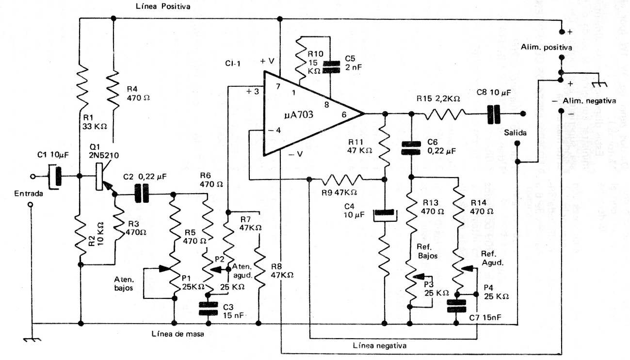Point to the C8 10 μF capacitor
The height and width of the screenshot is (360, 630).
tap(494, 115)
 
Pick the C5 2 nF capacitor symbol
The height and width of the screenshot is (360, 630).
tap(330, 66)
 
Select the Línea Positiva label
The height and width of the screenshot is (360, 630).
tap(164, 7)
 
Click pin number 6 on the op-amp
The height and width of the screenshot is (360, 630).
tap(344, 115)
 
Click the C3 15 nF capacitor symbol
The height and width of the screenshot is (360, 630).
tap(208, 309)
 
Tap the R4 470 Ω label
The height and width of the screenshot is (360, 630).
tap(138, 93)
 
